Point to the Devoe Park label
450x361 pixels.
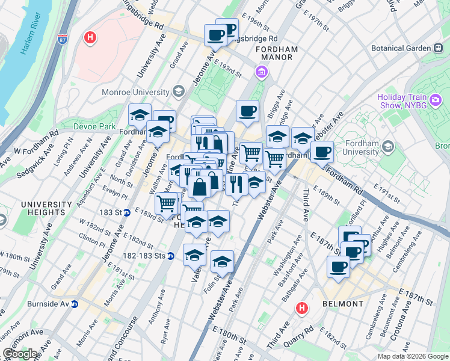coord(94,126)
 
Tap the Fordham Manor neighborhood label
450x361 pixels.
coord(265,53)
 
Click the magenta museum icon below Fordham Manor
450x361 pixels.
coord(262,73)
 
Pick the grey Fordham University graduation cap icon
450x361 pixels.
coord(388,146)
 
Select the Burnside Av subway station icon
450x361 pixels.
coord(74,304)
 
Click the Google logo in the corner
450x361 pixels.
coord(20,354)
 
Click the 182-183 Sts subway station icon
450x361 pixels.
coord(171,256)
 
